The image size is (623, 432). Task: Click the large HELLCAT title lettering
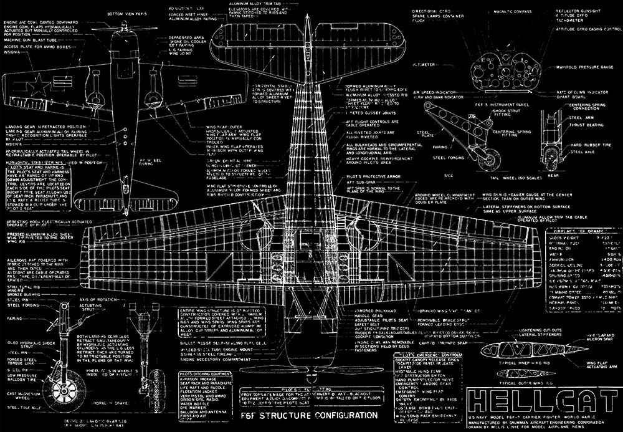coord(540,401)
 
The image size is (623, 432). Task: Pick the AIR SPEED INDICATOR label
coord(436,92)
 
